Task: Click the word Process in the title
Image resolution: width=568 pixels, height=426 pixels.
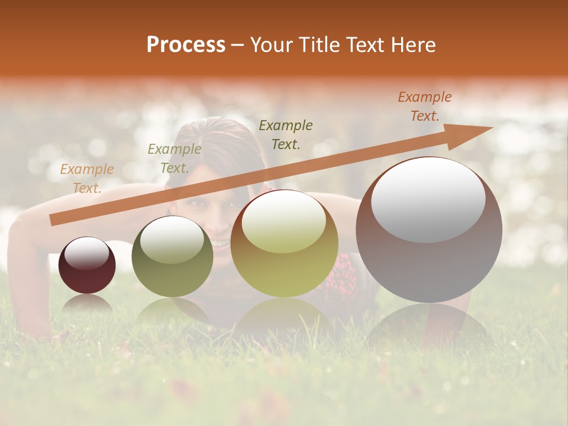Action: click(x=186, y=45)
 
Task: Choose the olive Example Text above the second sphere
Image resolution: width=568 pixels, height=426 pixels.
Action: click(x=174, y=159)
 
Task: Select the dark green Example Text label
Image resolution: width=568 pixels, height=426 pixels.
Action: click(x=286, y=134)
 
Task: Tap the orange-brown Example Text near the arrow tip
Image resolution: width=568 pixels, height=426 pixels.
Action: click(x=425, y=106)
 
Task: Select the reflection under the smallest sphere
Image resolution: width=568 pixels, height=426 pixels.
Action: click(x=87, y=304)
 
